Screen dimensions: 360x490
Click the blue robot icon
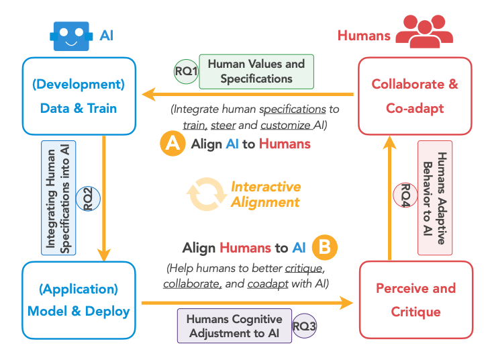(x=72, y=36)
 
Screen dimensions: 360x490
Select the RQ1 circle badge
(x=186, y=71)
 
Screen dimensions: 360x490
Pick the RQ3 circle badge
(x=303, y=327)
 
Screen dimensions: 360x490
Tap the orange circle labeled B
(x=324, y=247)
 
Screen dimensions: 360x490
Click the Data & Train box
(x=79, y=95)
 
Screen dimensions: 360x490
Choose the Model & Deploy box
(x=79, y=300)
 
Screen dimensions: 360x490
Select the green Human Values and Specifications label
(x=256, y=71)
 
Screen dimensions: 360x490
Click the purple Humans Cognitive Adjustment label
(x=234, y=326)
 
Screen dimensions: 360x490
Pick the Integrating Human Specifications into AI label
(x=59, y=197)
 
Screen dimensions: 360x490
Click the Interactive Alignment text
(x=266, y=194)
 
